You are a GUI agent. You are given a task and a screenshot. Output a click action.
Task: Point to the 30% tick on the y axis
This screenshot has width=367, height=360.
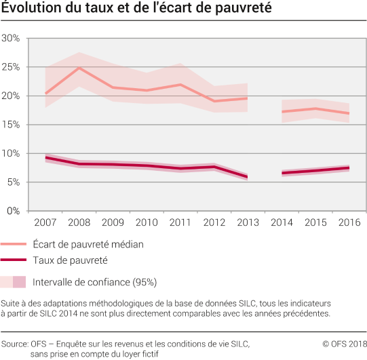pos(12,38)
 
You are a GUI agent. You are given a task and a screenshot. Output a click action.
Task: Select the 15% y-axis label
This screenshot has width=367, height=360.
pos(12,125)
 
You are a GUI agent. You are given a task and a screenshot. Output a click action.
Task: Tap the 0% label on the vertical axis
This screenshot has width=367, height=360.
pos(14,211)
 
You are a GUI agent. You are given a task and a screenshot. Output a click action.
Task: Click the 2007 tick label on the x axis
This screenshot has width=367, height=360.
pos(45,222)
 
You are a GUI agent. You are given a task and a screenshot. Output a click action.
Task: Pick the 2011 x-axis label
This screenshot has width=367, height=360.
pos(179,222)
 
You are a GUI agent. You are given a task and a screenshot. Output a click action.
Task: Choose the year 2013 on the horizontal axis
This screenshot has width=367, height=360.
pos(247,222)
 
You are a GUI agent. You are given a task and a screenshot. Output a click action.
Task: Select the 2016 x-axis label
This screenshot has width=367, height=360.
pos(348,222)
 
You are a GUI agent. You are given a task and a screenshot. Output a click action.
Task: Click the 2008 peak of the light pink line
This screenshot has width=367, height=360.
pos(79,68)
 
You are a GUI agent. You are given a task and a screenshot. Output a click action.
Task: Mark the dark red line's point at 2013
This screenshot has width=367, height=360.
pos(247,177)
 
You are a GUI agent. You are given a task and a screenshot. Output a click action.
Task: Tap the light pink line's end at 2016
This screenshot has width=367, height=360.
pos(348,113)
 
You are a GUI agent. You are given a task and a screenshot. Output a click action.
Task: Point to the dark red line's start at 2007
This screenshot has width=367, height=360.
pos(45,157)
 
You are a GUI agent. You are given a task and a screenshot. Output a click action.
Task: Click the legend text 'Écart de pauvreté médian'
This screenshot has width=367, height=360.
pos(88,244)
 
